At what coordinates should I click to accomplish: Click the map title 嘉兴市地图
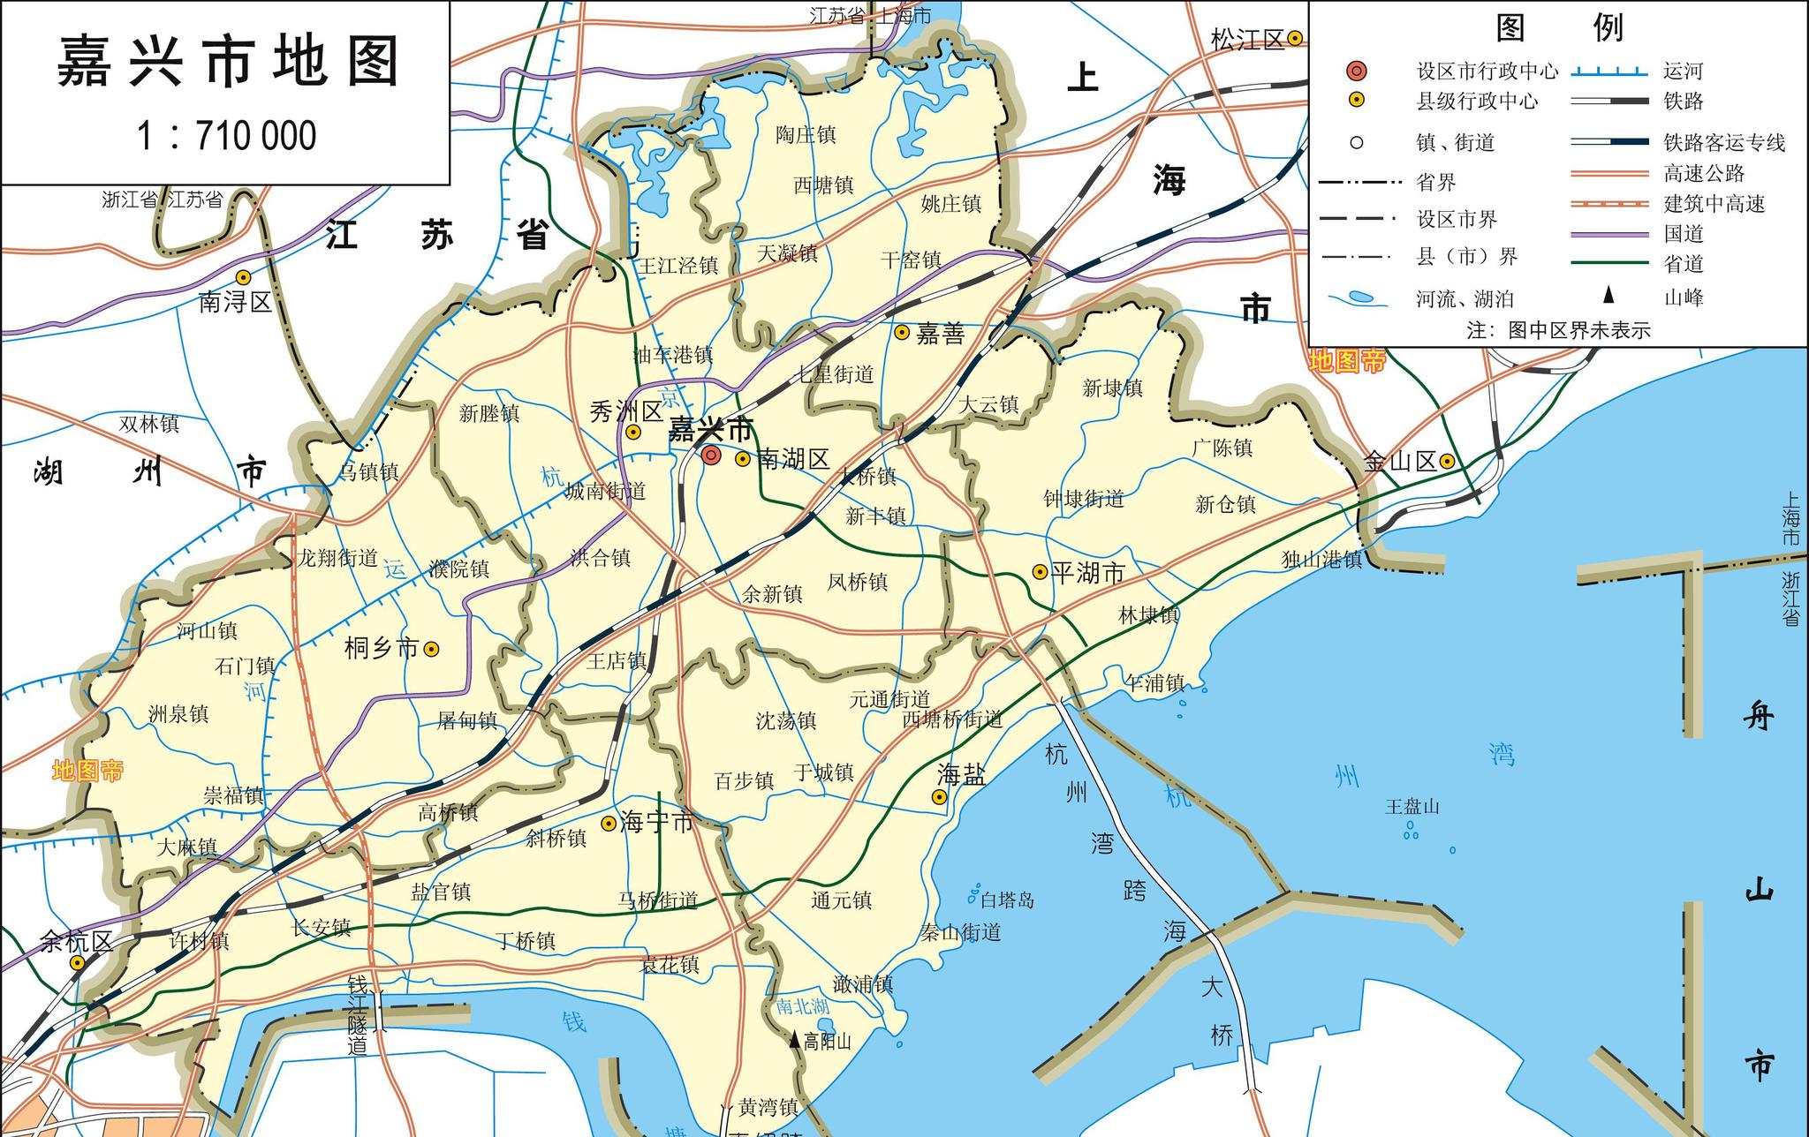click(228, 62)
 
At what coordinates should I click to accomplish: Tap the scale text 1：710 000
click(227, 136)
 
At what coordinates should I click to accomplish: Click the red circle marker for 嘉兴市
click(711, 456)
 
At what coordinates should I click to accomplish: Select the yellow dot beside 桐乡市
click(432, 649)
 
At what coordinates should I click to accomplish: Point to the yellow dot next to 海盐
click(939, 797)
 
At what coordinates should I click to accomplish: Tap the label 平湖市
click(1088, 574)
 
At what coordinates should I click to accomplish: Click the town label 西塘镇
click(823, 185)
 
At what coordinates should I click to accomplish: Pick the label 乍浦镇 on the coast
click(1154, 682)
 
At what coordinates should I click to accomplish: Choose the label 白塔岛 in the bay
click(1007, 900)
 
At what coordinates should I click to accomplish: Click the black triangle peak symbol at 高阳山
click(795, 1041)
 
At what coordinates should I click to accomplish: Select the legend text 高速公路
click(1704, 174)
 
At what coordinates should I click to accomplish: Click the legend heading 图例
click(1559, 28)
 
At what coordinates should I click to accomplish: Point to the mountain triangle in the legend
click(1608, 296)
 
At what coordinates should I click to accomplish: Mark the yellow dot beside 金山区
click(1447, 461)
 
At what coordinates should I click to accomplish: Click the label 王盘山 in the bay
click(1412, 807)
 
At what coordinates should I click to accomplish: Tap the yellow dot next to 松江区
click(1294, 38)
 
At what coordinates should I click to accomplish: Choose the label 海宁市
click(657, 823)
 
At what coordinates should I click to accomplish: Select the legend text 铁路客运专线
click(1724, 143)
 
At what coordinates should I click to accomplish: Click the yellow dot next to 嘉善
click(902, 333)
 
